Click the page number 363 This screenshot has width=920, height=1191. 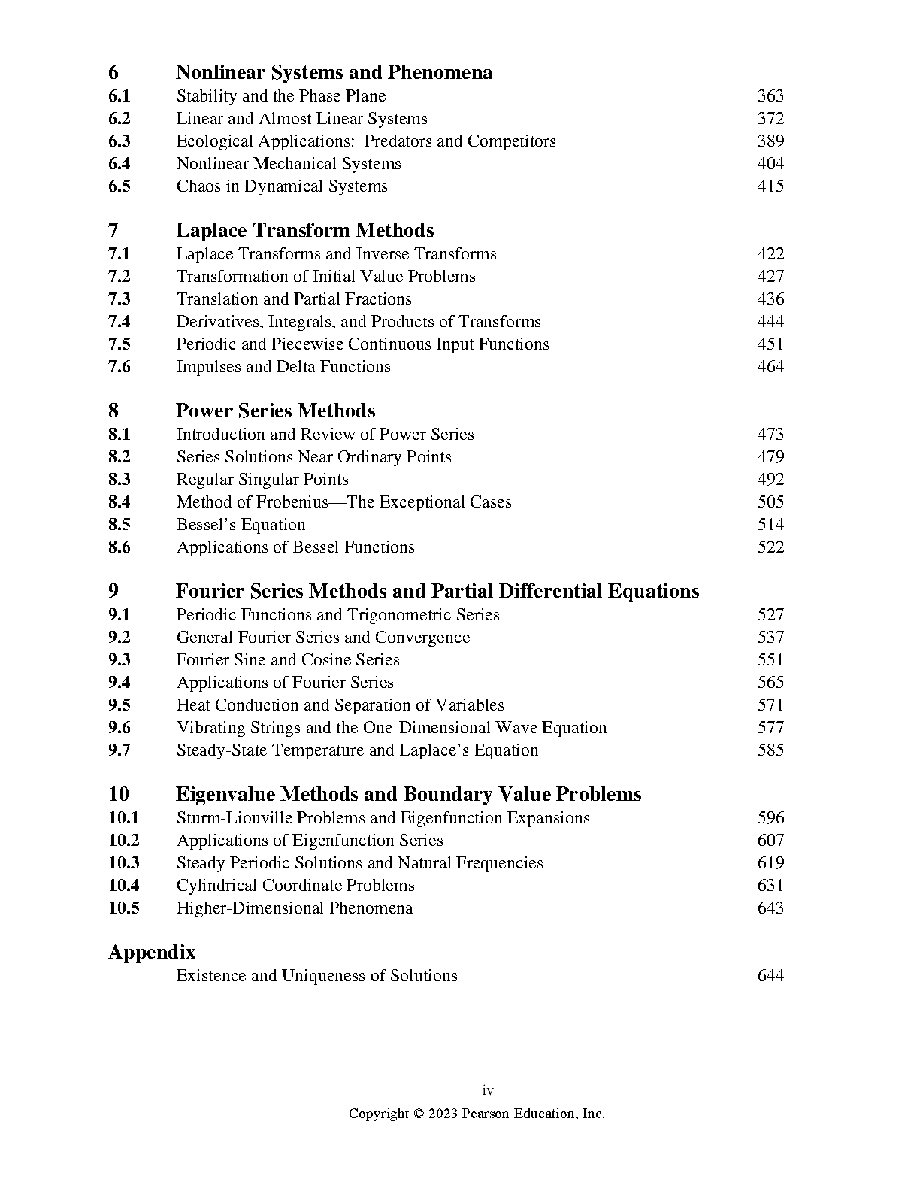click(770, 96)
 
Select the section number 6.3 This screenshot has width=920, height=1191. click(120, 141)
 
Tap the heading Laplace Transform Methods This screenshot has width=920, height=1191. click(304, 230)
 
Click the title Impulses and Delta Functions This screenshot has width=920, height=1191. click(283, 367)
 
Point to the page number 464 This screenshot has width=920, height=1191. click(770, 367)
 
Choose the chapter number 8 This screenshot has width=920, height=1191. click(113, 411)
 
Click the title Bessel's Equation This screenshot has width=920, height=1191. click(241, 525)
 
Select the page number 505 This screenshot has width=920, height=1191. click(770, 502)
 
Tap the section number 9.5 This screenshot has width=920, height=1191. click(120, 705)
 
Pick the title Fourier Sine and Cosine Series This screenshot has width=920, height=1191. click(288, 660)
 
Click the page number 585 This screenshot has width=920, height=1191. click(770, 750)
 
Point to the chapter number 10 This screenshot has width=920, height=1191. click(119, 794)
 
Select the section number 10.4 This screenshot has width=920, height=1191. click(124, 886)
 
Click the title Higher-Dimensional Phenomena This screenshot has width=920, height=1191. click(295, 908)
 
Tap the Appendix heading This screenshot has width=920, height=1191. click(152, 952)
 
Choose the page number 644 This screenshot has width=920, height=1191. click(770, 976)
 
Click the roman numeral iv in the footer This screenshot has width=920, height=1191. click(488, 1091)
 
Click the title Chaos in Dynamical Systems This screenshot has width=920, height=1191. click(282, 186)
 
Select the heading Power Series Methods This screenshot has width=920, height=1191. click(275, 411)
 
